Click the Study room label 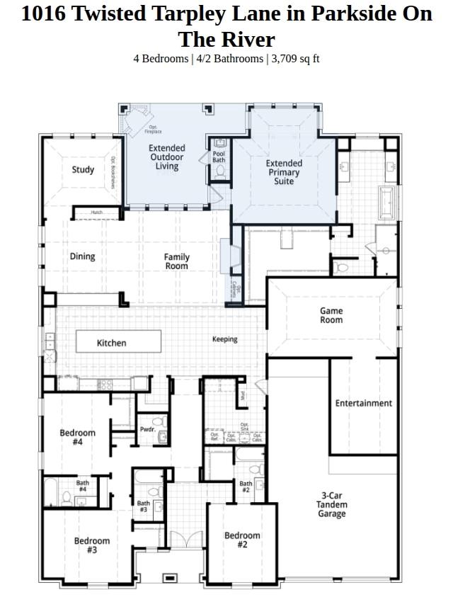pyautogui.click(x=83, y=170)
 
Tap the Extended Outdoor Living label pyautogui.click(x=167, y=157)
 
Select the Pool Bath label pyautogui.click(x=219, y=157)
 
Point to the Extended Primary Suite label pyautogui.click(x=284, y=172)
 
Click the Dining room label pyautogui.click(x=82, y=256)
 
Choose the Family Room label pyautogui.click(x=177, y=261)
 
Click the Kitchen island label pyautogui.click(x=111, y=343)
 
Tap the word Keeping pyautogui.click(x=225, y=339)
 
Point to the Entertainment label pyautogui.click(x=363, y=403)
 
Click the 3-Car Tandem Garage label pyautogui.click(x=331, y=504)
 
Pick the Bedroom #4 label pyautogui.click(x=77, y=438)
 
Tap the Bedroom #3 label pyautogui.click(x=92, y=545)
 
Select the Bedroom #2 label pyautogui.click(x=242, y=540)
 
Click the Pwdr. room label pyautogui.click(x=147, y=430)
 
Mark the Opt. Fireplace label pyautogui.click(x=154, y=130)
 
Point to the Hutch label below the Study pyautogui.click(x=96, y=212)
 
